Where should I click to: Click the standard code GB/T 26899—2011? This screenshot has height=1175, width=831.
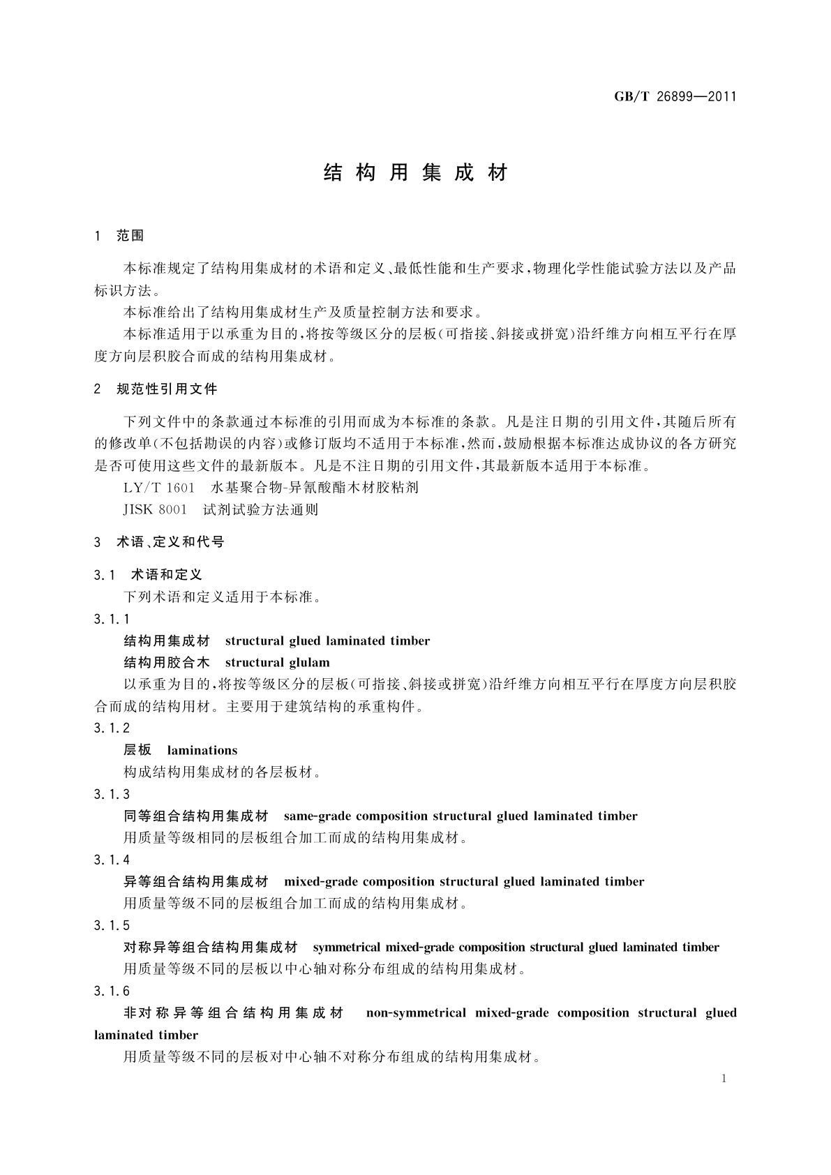pos(675,97)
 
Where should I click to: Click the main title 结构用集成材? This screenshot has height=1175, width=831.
pos(416,173)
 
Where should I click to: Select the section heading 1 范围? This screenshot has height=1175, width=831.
pos(119,236)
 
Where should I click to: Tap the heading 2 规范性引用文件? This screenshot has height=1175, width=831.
pos(156,389)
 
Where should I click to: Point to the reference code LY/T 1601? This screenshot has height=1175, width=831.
pos(158,488)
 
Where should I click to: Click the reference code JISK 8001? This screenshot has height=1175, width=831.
pos(155,510)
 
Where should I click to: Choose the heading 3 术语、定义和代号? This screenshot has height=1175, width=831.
pos(159,542)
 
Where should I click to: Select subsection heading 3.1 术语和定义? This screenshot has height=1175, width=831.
pos(148,575)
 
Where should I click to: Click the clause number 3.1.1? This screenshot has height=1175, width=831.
pos(112,619)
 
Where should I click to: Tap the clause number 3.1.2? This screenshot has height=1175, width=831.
pos(112,728)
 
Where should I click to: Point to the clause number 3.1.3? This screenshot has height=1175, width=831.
pos(112,794)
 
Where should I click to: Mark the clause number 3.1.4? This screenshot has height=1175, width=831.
pos(112,860)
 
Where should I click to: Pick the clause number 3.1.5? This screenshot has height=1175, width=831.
pos(112,925)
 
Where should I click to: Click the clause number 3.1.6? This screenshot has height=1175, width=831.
pos(112,991)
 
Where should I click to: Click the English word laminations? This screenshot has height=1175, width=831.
pos(202,751)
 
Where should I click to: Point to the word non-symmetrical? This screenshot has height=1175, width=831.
pos(416,1013)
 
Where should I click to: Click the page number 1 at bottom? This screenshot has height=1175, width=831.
pos(724,1079)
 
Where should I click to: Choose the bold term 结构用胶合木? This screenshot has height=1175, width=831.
pos(167,663)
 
